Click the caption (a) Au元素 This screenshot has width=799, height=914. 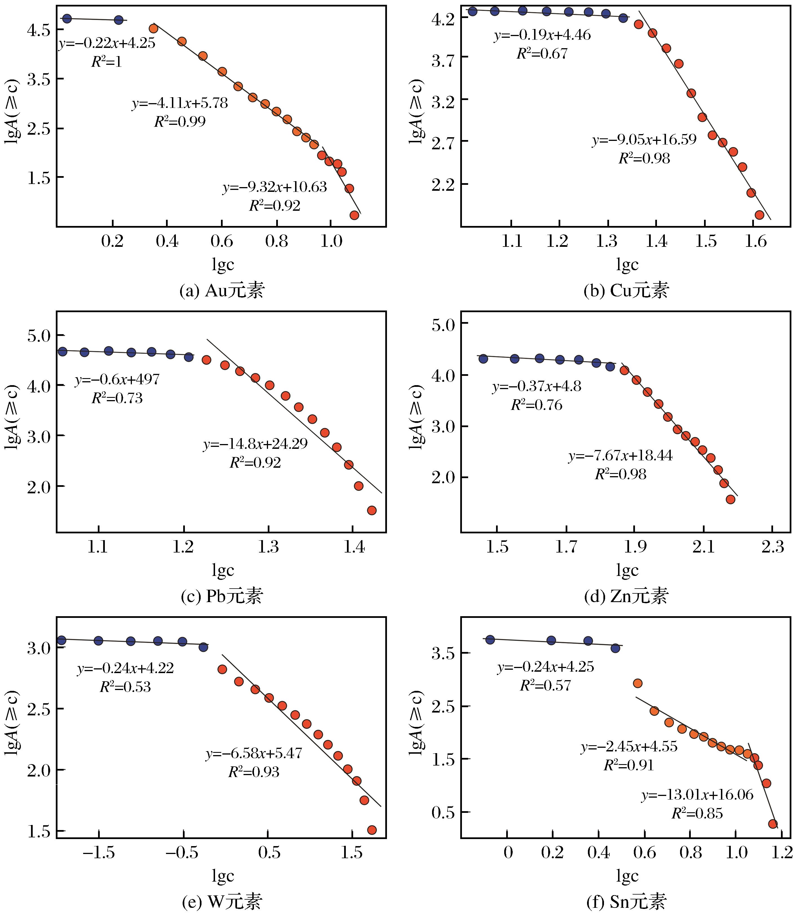(222, 290)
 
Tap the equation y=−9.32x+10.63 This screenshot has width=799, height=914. (275, 187)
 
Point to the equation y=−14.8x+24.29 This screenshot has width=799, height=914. (256, 444)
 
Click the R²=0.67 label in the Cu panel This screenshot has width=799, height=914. (542, 54)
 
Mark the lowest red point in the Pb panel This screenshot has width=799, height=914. (371, 510)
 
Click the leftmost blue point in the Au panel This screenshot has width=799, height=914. (67, 18)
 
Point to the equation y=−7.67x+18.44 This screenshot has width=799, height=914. (620, 456)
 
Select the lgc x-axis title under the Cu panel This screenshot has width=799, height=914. (627, 265)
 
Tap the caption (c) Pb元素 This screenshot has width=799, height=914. (222, 596)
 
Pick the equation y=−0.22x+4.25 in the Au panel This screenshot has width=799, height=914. (107, 43)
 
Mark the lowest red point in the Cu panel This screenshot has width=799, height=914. (759, 215)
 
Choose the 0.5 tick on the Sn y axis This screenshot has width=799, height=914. (442, 812)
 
